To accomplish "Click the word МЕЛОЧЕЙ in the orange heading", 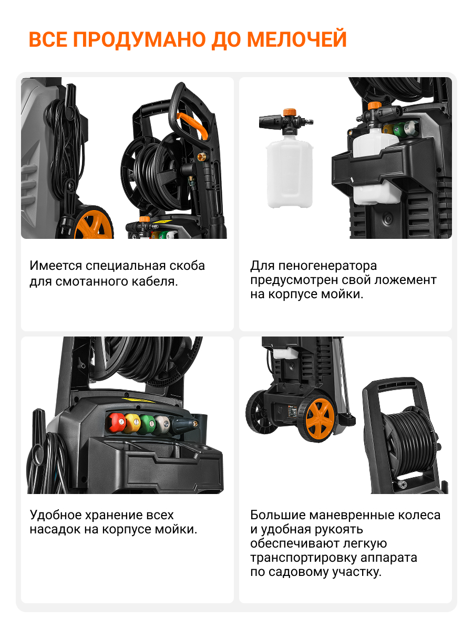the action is pyautogui.click(x=296, y=39).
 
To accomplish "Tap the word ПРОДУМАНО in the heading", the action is pyautogui.click(x=139, y=39).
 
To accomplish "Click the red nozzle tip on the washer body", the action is pyautogui.click(x=116, y=423).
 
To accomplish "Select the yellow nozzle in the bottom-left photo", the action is pyautogui.click(x=132, y=423).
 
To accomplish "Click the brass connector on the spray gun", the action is pyautogui.click(x=201, y=156).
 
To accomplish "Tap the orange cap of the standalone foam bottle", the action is pyautogui.click(x=289, y=112).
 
